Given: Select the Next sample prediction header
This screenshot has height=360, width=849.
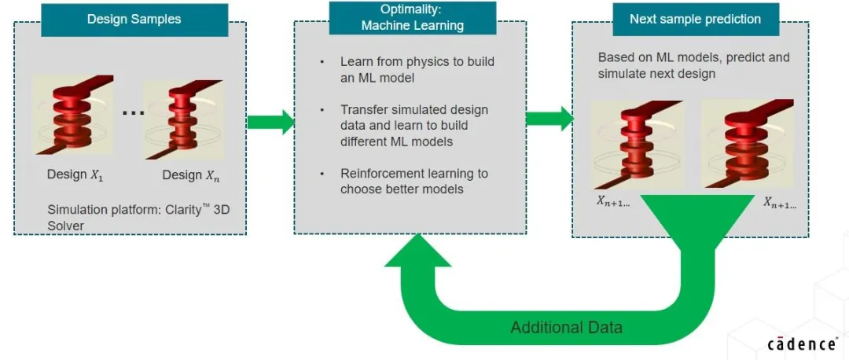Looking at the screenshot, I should pos(695,19).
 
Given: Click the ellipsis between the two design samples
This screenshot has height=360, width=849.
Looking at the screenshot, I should pos(134,112).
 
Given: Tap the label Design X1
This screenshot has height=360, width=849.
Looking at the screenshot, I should pos(75,174).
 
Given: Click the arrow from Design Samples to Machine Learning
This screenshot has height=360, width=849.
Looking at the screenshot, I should pos(270,122).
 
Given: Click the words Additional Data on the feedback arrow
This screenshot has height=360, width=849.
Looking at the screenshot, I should pos(566,327).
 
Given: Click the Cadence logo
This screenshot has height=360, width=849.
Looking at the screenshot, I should pos(801,343).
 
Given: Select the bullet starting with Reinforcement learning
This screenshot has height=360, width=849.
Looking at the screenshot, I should pos(413,181).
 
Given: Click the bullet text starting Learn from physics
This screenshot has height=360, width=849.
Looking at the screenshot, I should pos(417,68).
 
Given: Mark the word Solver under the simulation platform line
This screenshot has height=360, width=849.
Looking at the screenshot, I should pos(65,226).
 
